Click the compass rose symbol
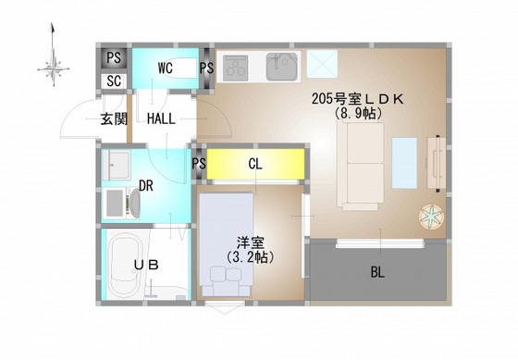(x=53, y=65)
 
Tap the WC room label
(x=166, y=68)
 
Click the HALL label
(x=162, y=118)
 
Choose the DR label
(x=145, y=185)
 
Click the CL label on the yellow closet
(x=256, y=165)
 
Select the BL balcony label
(x=377, y=272)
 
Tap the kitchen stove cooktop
(x=237, y=68)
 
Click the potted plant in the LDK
(x=432, y=217)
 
